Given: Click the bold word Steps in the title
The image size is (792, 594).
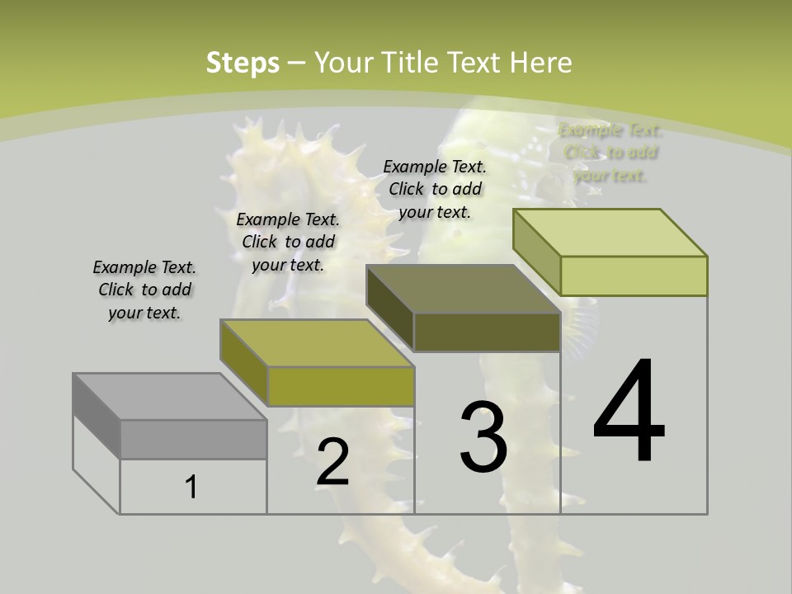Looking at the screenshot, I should click(243, 63).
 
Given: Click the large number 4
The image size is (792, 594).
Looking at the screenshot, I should click(629, 412).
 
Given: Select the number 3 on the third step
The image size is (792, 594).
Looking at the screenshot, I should click(483, 437).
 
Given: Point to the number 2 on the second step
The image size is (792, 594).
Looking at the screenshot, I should click(332, 464).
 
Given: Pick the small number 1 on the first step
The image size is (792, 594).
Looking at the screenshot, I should click(191, 488).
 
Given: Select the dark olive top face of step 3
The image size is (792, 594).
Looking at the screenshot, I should click(463, 289).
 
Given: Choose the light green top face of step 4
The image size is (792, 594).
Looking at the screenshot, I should click(610, 233).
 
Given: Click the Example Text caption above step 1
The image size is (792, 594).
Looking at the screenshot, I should click(144, 290).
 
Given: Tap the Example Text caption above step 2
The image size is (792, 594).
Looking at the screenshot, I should click(288, 242).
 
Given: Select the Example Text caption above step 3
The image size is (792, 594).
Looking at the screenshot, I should click(435, 189).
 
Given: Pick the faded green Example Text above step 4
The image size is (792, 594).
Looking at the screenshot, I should click(610, 153).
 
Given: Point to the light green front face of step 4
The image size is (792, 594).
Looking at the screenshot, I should click(634, 276).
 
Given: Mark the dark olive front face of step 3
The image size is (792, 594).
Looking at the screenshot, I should click(487, 332).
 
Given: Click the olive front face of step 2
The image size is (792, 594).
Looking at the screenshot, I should click(341, 386).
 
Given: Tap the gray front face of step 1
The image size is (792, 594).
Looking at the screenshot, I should click(193, 440).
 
